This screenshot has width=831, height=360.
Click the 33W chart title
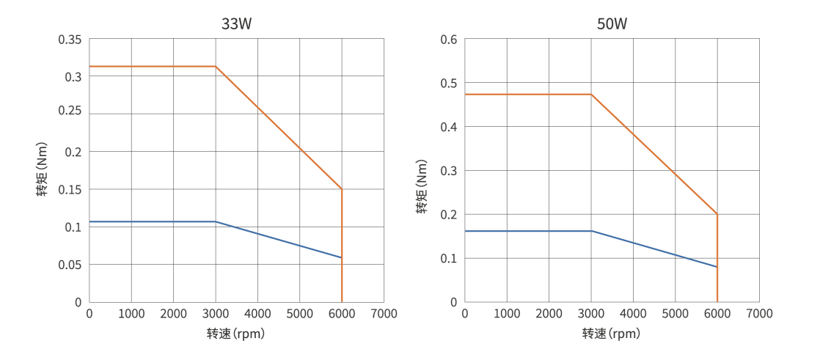[237, 23]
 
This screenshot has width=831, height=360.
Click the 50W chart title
[612, 23]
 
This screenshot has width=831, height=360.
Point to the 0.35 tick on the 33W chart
[70, 39]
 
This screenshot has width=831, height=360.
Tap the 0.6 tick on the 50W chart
[449, 39]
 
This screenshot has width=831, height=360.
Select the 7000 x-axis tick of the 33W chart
[384, 314]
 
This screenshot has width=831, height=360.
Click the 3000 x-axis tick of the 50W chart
[590, 314]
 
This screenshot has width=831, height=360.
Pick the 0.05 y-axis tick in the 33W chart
[70, 264]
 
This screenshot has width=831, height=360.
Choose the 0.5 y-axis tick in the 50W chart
[449, 83]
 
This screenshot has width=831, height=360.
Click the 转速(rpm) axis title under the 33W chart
[235, 334]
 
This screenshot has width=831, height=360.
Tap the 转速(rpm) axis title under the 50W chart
[611, 334]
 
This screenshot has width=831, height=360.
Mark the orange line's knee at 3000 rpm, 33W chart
[216, 67]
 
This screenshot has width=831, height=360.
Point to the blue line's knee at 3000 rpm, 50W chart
[591, 231]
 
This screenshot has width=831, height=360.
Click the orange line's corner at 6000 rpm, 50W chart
[717, 214]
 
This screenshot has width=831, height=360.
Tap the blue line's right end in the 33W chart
[342, 257]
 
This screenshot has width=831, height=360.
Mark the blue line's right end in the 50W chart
[717, 267]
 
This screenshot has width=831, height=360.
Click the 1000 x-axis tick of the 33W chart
[131, 314]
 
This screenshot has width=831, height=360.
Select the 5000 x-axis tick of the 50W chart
[675, 314]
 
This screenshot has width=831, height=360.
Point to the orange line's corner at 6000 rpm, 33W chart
[342, 189]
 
